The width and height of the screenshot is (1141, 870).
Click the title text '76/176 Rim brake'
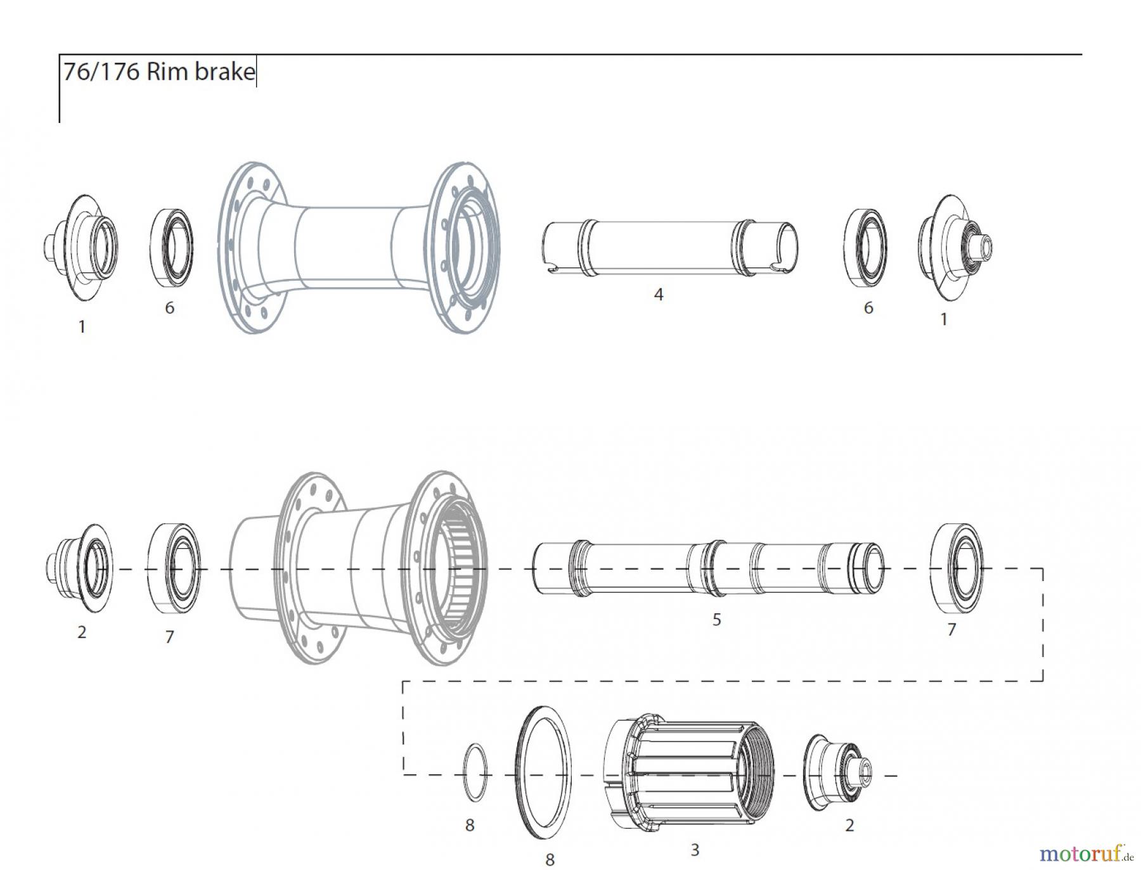158,72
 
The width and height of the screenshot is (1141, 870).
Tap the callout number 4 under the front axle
659,295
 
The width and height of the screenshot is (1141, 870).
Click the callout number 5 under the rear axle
716,620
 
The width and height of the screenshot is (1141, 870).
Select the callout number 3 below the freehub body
695,850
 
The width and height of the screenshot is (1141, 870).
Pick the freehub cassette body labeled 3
688,774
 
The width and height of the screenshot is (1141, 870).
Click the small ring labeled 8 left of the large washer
476,774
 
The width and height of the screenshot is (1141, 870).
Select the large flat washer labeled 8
542,773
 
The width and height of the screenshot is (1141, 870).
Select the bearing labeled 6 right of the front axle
865,247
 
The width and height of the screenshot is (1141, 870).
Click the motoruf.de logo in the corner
1085,854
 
